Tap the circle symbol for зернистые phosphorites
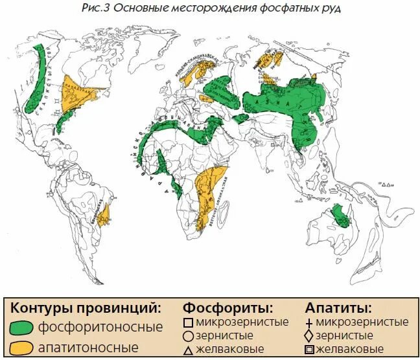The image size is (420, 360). point(188,336)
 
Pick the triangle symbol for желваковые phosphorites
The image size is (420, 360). point(188,350)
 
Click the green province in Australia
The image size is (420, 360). point(341,217)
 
